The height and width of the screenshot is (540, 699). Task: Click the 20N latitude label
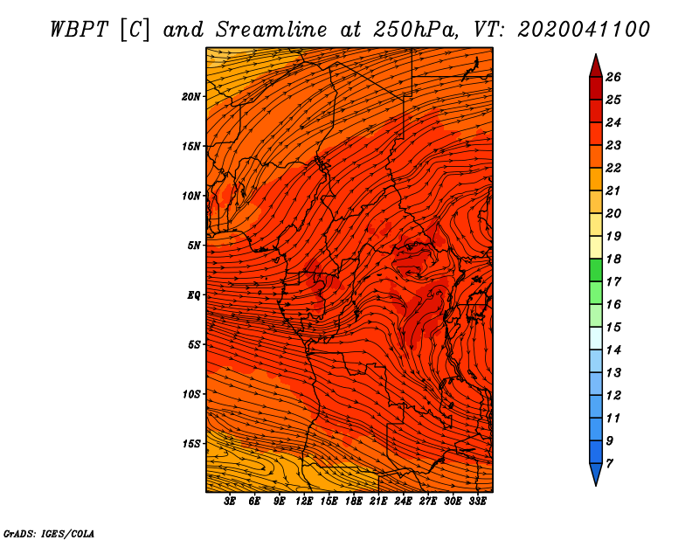coord(190,97)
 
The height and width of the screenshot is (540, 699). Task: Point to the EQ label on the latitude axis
coord(193,295)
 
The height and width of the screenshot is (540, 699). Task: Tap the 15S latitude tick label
coord(191,444)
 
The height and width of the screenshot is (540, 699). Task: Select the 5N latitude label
coord(194,246)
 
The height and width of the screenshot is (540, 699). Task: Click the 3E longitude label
coord(230,502)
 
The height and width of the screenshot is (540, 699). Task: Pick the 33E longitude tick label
coord(477,502)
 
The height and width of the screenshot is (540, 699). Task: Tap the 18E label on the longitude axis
coord(354,502)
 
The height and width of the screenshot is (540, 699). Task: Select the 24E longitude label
coord(403,502)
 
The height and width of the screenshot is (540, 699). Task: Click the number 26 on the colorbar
coord(613,77)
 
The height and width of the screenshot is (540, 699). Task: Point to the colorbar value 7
coord(609,464)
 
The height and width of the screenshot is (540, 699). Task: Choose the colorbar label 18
coord(613,259)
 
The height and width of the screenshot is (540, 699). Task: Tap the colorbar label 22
coord(613,168)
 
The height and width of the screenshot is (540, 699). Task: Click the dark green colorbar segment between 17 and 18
coord(596,270)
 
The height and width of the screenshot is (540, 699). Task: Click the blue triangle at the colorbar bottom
coord(596,473)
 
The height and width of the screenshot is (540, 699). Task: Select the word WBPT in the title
coord(80,30)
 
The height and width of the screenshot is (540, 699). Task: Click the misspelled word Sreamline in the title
coord(272,30)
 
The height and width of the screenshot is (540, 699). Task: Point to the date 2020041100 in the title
coord(584,30)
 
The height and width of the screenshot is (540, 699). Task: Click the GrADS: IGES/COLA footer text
coord(49,534)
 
